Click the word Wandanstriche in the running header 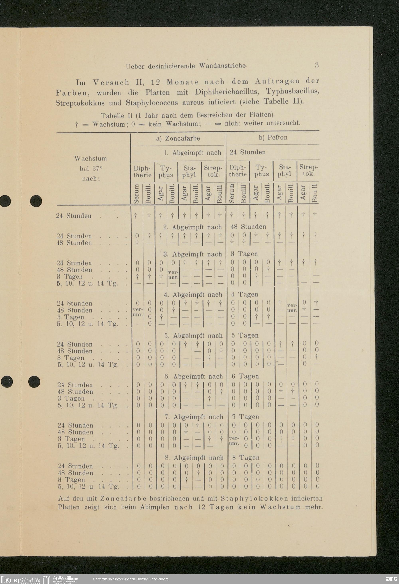[223, 66]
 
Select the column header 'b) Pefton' [273, 137]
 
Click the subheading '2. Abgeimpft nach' [193, 227]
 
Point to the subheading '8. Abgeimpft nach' [194, 458]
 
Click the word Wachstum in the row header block [90, 159]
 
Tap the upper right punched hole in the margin [36, 201]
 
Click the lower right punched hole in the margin [34, 382]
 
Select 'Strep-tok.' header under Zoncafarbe [213, 171]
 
